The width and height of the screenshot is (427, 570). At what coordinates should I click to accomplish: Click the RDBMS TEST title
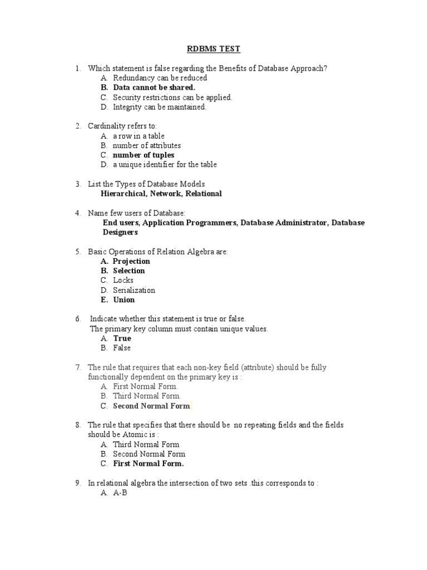pyautogui.click(x=213, y=49)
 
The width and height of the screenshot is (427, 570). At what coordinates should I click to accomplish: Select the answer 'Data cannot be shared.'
pyautogui.click(x=154, y=87)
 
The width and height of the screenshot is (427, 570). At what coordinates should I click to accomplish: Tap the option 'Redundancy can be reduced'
pyautogui.click(x=160, y=78)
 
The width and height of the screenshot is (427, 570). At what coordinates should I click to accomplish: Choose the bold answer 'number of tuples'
pyautogui.click(x=143, y=155)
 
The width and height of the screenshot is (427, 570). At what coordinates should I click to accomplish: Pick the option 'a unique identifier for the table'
pyautogui.click(x=165, y=165)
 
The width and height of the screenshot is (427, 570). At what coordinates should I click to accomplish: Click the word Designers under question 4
pyautogui.click(x=120, y=232)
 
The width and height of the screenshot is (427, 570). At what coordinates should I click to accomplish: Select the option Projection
pyautogui.click(x=131, y=261)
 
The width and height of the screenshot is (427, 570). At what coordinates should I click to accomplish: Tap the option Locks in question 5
pyautogui.click(x=123, y=281)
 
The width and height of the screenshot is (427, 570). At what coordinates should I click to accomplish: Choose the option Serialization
pyautogui.click(x=134, y=290)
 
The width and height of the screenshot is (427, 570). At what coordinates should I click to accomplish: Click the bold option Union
pyautogui.click(x=123, y=300)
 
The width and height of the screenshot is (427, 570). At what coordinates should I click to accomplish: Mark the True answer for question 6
pyautogui.click(x=122, y=338)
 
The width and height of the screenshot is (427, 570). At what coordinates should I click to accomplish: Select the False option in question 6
pyautogui.click(x=122, y=348)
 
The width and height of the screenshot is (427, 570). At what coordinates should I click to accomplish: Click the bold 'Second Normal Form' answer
pyautogui.click(x=151, y=406)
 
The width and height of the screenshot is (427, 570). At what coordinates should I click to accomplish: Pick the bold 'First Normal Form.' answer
pyautogui.click(x=148, y=464)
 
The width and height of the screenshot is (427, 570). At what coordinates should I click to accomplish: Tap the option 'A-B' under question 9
pyautogui.click(x=120, y=493)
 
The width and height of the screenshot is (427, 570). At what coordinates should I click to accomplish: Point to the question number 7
pyautogui.click(x=78, y=367)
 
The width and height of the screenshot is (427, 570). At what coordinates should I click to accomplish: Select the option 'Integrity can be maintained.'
pyautogui.click(x=160, y=107)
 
